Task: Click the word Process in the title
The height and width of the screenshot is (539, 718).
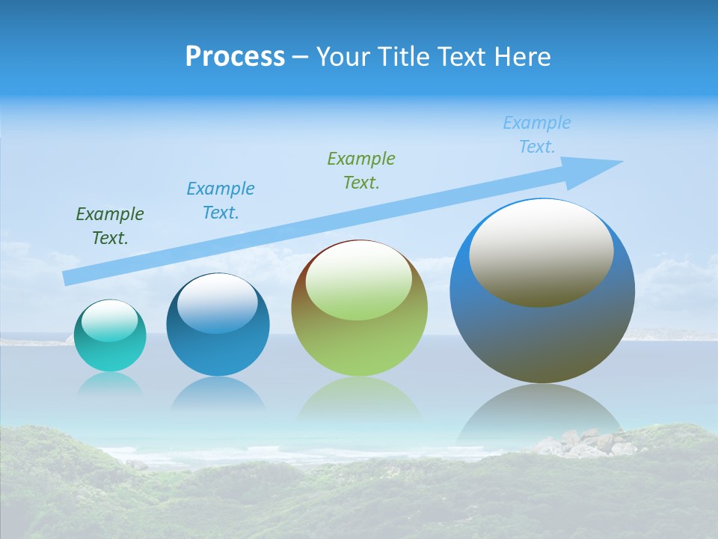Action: tap(235, 57)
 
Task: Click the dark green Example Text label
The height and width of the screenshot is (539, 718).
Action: tap(110, 226)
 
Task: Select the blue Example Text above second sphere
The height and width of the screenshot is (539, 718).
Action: tap(221, 201)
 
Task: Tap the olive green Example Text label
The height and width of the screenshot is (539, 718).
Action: tap(361, 171)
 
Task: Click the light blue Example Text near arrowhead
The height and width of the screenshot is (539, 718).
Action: tap(537, 135)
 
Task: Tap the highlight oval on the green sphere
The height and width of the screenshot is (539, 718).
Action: tap(359, 281)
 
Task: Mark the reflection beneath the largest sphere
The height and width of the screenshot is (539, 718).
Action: tap(540, 412)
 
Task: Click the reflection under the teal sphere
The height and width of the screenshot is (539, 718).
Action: tap(110, 383)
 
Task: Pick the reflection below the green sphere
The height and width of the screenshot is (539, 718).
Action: tap(359, 397)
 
